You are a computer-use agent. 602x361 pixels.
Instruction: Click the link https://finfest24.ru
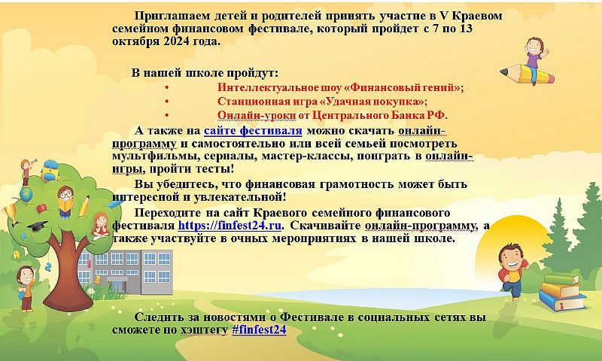coord(230,225)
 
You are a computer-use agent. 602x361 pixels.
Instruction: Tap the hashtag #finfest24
coord(259,329)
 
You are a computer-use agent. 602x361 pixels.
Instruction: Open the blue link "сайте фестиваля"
coord(253,130)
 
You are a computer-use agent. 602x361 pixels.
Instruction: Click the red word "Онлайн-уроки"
coord(257,115)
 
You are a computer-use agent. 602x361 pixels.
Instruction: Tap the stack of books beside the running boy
coord(563,292)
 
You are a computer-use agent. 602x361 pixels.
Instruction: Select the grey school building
coord(125,272)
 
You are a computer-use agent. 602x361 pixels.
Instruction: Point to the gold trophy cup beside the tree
coord(9,213)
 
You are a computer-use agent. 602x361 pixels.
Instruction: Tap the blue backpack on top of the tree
coord(50,170)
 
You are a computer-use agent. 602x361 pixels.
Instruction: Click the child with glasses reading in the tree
coord(65,202)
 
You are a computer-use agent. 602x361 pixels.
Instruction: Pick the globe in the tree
coord(26,194)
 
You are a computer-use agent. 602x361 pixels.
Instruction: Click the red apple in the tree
coord(41,209)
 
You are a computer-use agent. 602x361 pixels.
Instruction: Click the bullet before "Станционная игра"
coord(166,102)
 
